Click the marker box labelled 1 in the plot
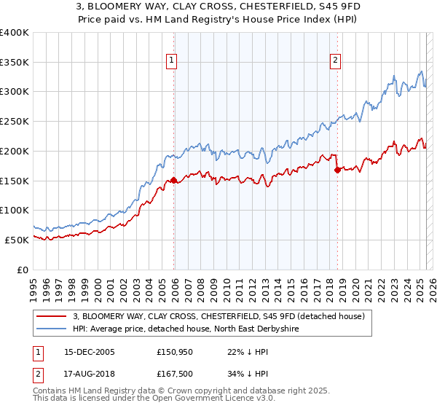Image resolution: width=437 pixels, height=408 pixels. pyautogui.click(x=173, y=61)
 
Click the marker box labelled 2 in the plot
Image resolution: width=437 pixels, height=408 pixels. pyautogui.click(x=336, y=61)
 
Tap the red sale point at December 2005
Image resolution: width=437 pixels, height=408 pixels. pyautogui.click(x=173, y=181)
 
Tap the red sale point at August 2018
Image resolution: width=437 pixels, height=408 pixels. pyautogui.click(x=336, y=170)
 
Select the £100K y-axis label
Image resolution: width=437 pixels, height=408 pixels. pyautogui.click(x=15, y=210)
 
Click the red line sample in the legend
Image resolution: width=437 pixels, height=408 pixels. pyautogui.click(x=52, y=316)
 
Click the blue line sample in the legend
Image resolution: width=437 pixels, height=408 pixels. pyautogui.click(x=52, y=329)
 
